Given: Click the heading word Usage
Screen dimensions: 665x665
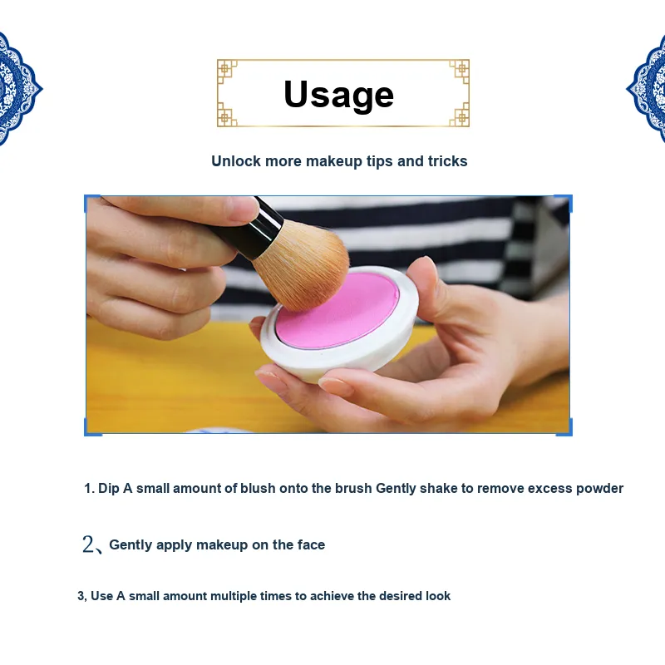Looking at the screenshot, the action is [339, 95].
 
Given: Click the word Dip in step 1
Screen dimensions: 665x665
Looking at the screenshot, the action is [109, 489].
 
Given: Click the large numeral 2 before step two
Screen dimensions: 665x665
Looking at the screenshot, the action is [88, 544].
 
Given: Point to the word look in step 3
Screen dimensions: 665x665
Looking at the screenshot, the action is [438, 596].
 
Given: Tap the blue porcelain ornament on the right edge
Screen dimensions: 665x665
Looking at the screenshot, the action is [647, 89].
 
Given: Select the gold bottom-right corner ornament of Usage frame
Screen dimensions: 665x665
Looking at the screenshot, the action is [460, 116].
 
